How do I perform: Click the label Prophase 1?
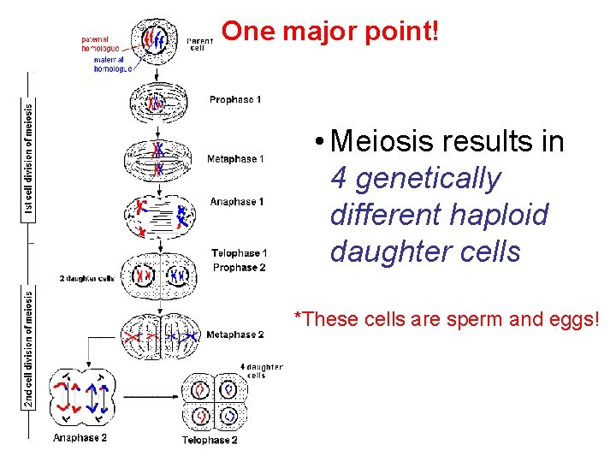(235, 100)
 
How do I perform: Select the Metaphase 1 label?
(235, 159)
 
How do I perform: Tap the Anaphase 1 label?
(237, 202)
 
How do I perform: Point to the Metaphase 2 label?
(235, 335)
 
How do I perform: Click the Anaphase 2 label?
(80, 438)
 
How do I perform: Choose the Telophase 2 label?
(210, 440)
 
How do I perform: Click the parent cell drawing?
(157, 40)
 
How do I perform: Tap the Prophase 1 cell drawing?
(156, 104)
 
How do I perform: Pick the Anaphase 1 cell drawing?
(161, 212)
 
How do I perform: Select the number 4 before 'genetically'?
(338, 178)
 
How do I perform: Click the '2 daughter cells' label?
(87, 278)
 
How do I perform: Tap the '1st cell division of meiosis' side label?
(30, 163)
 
